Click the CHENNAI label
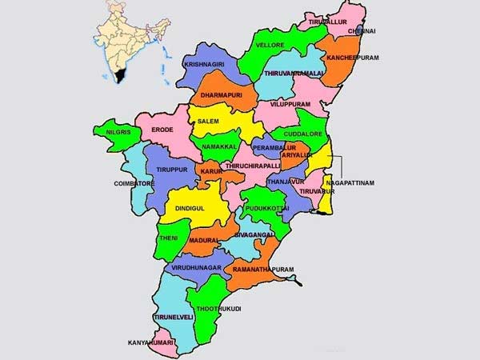click(x=361, y=31)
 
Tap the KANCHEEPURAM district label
click(x=351, y=58)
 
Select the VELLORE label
click(x=270, y=46)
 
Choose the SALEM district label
click(x=208, y=121)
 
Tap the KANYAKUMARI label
click(x=151, y=343)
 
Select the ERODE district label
click(x=162, y=129)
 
